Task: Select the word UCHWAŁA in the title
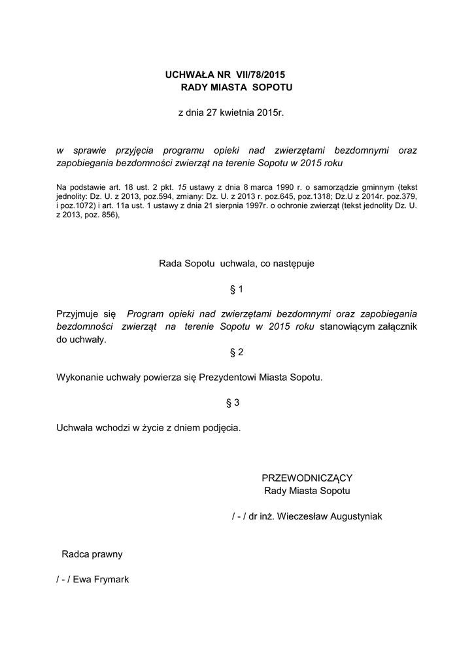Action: [186, 75]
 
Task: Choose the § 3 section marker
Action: [233, 403]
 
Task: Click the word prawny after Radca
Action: [107, 554]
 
